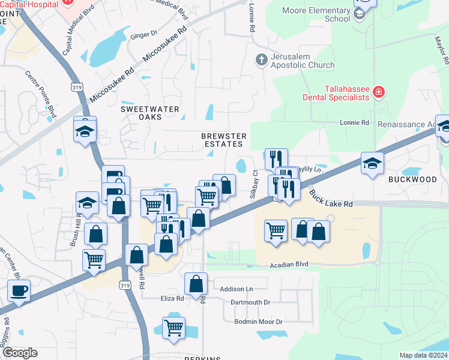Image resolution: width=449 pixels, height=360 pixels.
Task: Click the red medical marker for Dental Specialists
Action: click(x=379, y=92)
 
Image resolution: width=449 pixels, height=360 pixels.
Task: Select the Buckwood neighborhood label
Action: click(x=412, y=179)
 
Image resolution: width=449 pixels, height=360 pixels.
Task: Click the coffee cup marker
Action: click(x=19, y=291)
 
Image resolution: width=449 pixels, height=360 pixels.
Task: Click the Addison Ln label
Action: click(x=237, y=289)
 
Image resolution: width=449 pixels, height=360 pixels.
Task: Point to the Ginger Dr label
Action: click(x=143, y=35)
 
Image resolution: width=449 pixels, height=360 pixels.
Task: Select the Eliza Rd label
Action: click(x=172, y=298)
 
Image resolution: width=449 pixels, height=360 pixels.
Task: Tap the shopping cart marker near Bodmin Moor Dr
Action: click(x=173, y=328)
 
